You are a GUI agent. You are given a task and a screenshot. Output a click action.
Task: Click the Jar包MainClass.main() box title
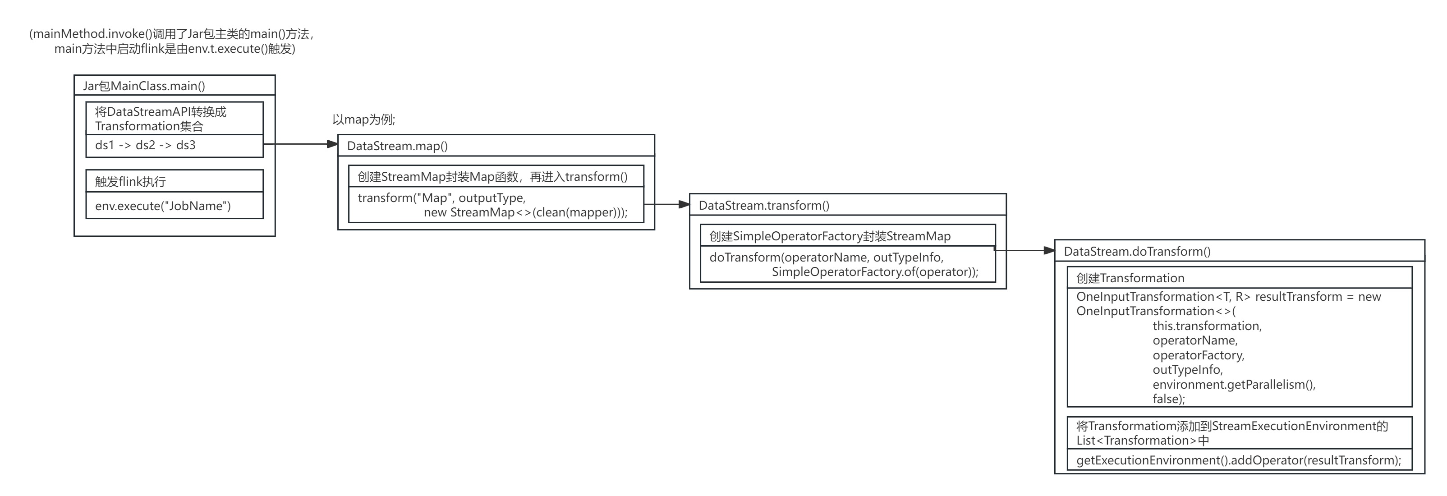click(x=144, y=86)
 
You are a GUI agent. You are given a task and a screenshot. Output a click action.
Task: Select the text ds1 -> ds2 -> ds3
click(x=145, y=146)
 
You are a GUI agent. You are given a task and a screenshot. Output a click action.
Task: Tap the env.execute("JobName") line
click(x=163, y=206)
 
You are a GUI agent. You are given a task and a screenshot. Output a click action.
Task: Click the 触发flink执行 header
click(x=130, y=181)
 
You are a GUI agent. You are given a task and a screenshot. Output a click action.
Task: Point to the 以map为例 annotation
click(x=363, y=119)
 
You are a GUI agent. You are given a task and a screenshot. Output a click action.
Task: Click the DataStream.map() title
click(x=397, y=146)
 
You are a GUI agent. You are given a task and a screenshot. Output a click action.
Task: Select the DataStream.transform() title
click(x=763, y=206)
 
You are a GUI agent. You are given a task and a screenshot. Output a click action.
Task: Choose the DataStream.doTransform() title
click(x=1137, y=252)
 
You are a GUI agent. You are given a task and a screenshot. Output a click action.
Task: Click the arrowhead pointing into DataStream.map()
click(x=332, y=144)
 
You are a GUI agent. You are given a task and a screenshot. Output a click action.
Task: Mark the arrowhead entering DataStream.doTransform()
click(x=1049, y=251)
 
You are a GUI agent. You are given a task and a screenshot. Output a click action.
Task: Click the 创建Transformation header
click(x=1130, y=278)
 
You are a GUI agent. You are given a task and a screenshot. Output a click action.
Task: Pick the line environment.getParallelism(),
click(x=1234, y=385)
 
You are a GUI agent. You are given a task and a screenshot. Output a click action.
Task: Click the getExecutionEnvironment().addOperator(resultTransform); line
click(x=1238, y=461)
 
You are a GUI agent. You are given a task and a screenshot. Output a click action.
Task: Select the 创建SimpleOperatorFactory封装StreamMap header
click(x=830, y=236)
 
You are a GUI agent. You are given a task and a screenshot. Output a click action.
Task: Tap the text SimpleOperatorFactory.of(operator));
click(x=875, y=272)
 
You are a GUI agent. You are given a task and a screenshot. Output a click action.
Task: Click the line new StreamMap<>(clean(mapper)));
click(x=525, y=212)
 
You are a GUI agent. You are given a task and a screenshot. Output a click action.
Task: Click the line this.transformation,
click(x=1207, y=326)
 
